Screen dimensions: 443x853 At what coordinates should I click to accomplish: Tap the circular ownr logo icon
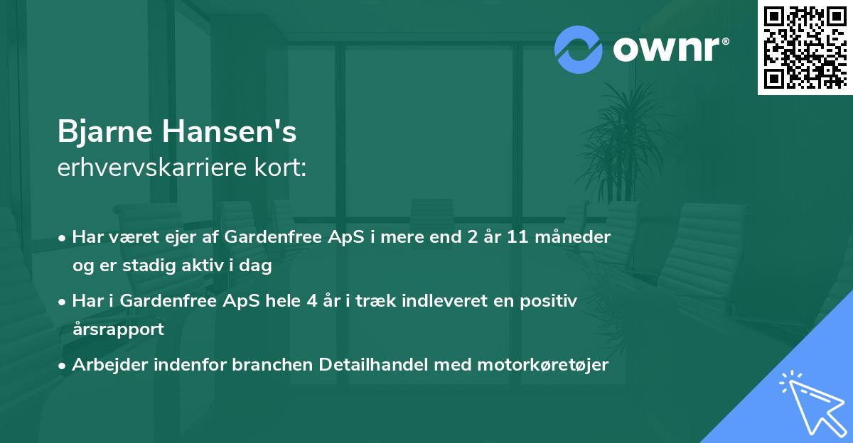pyautogui.click(x=579, y=49)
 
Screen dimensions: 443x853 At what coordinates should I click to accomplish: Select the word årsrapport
pyautogui.click(x=118, y=329)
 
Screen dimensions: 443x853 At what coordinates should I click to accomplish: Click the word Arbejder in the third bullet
pyautogui.click(x=104, y=365)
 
